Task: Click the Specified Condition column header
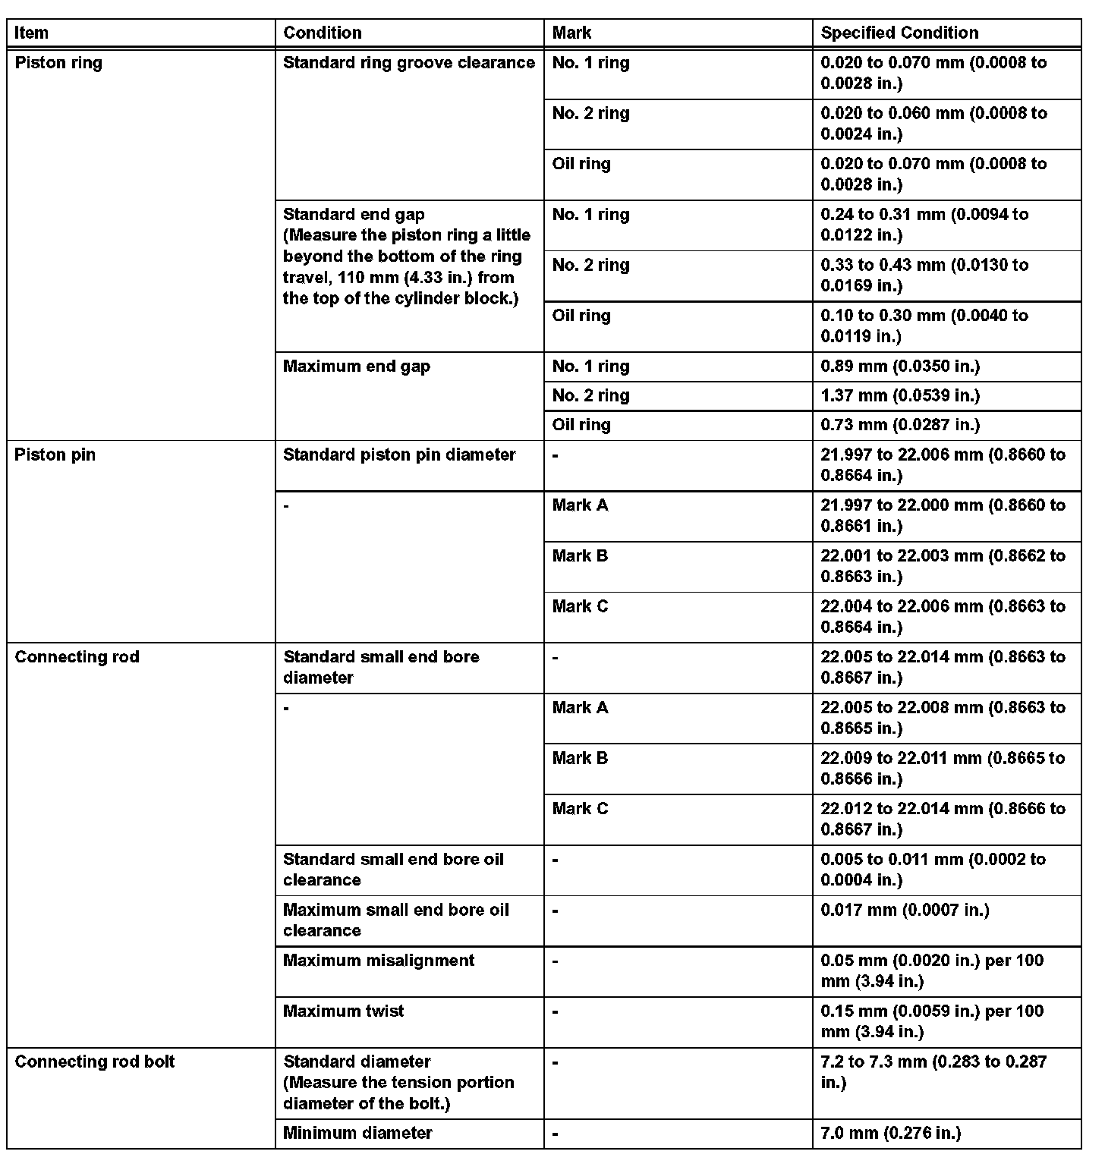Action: tap(899, 33)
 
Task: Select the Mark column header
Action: tap(571, 33)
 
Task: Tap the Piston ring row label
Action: tap(58, 63)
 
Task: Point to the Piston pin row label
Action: tap(55, 455)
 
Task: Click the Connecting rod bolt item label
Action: tap(95, 1062)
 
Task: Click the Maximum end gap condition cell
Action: tap(357, 366)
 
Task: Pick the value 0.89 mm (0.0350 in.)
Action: tap(900, 366)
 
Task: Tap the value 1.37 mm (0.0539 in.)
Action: tap(900, 395)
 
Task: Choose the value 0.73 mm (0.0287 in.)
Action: tap(900, 425)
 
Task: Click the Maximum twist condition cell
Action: tap(343, 1011)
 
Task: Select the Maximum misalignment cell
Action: tap(379, 961)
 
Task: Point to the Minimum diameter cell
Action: tap(357, 1134)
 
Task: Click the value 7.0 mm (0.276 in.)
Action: tap(891, 1134)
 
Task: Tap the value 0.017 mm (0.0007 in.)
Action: tap(905, 911)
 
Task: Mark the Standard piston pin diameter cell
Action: tap(399, 455)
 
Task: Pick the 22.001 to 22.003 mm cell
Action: tap(943, 566)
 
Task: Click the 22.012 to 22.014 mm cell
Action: tap(943, 819)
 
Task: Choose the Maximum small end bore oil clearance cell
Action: tap(395, 920)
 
